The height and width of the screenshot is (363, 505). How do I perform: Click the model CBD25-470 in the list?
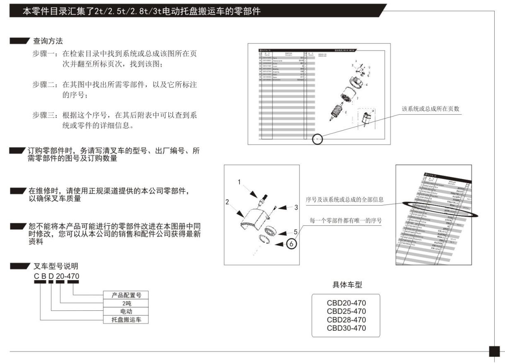[346, 311]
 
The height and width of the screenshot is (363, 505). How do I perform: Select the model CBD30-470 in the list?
[346, 328]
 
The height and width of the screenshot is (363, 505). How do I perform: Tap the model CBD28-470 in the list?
[346, 319]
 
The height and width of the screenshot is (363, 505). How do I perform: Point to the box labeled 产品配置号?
[126, 295]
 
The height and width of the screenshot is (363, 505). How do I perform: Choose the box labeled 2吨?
[126, 303]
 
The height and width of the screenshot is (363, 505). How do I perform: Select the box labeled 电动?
[126, 311]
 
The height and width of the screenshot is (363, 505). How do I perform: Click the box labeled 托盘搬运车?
[126, 319]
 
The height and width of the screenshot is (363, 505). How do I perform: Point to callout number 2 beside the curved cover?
[227, 202]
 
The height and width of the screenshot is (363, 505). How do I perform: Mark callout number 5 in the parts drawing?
[295, 232]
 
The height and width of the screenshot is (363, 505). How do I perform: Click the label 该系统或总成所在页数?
[430, 109]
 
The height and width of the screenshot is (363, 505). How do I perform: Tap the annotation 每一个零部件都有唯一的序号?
[346, 220]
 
